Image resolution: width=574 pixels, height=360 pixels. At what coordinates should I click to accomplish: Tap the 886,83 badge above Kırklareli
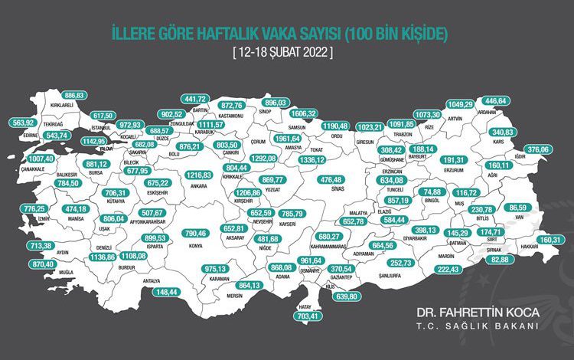pos(69,95)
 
